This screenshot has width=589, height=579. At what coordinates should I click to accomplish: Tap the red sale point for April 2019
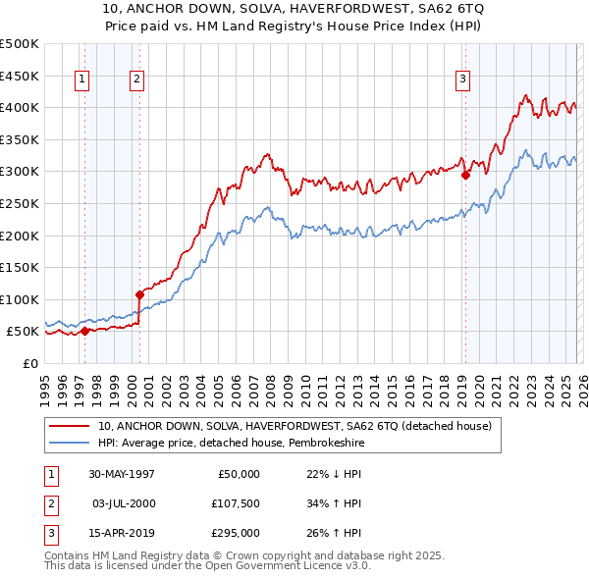(465, 176)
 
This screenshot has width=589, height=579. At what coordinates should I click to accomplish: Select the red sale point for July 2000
(140, 294)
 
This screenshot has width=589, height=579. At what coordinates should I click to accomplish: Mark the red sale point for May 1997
(85, 331)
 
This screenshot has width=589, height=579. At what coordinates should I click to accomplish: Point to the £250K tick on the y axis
(20, 203)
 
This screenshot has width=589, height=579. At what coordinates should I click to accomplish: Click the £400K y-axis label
(20, 107)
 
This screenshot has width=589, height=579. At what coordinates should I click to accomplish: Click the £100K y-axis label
(20, 299)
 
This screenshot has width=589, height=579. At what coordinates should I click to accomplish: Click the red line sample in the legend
(71, 426)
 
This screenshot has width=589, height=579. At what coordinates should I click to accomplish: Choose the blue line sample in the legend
(71, 444)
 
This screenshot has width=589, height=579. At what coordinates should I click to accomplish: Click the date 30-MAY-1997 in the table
(122, 474)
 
